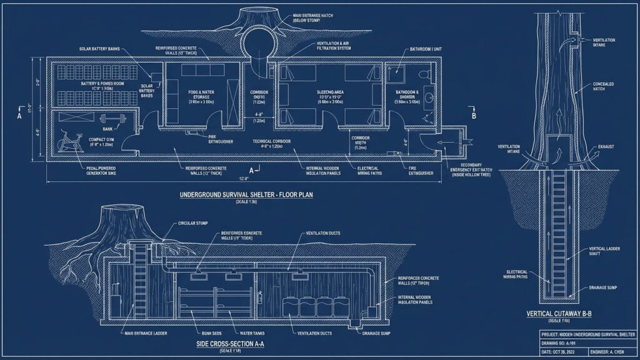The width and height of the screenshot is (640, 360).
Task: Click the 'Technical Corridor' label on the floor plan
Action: [x=274, y=142]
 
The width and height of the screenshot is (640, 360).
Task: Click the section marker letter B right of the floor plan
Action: [x=473, y=117]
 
